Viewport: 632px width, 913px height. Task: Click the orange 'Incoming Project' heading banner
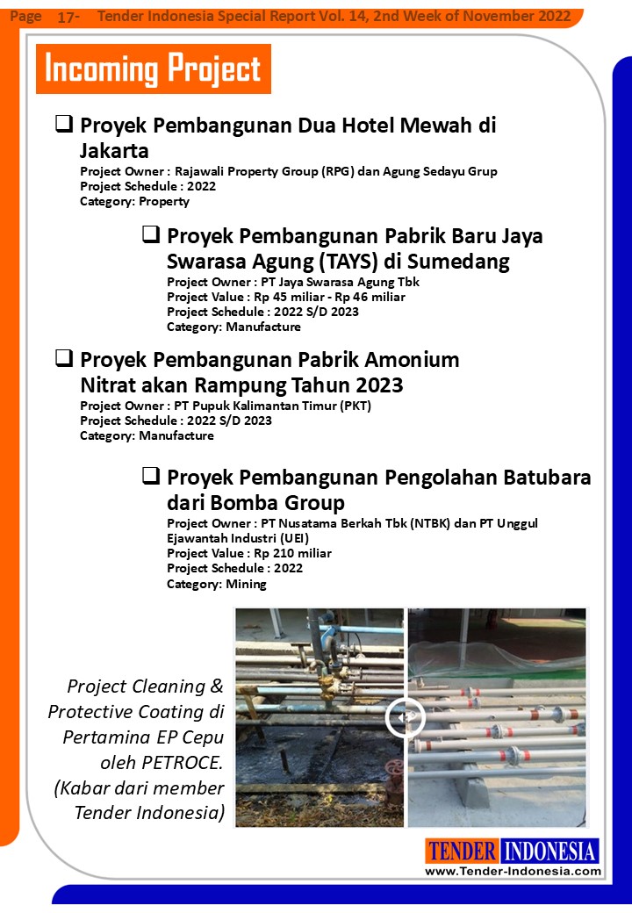click(x=153, y=68)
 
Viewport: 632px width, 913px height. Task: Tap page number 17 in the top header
click(x=66, y=17)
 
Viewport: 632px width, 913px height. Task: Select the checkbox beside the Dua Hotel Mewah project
click(x=64, y=124)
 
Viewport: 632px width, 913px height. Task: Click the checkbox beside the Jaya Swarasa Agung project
click(x=151, y=235)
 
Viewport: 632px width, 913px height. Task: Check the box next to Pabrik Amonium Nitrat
click(x=64, y=358)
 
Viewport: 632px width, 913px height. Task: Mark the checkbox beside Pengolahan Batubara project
click(x=151, y=477)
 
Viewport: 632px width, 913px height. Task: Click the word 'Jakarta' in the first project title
click(x=114, y=151)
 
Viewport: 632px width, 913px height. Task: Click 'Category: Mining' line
click(x=217, y=583)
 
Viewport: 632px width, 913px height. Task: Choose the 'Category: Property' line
click(x=134, y=201)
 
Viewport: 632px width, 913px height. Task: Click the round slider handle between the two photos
click(x=405, y=717)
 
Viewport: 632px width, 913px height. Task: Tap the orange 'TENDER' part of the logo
click(x=463, y=851)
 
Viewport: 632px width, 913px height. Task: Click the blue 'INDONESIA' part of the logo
click(x=550, y=851)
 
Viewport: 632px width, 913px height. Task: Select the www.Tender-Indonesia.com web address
click(x=513, y=871)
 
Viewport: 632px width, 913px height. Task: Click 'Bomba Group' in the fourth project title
click(x=255, y=503)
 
